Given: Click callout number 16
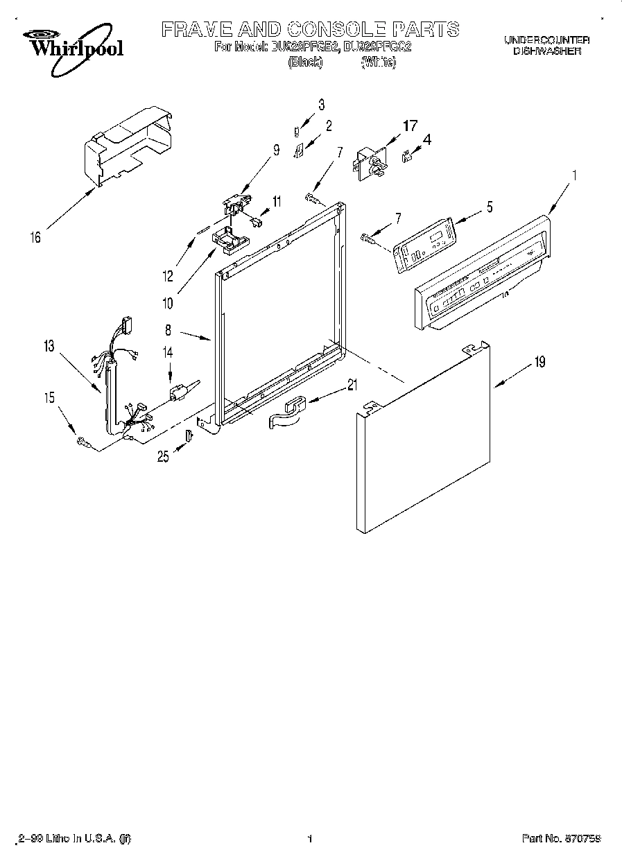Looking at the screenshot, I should click(x=35, y=238).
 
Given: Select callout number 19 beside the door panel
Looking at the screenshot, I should click(x=539, y=361).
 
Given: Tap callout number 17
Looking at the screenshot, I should click(x=411, y=126).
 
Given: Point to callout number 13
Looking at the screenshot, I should click(x=47, y=346).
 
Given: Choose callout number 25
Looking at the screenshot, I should click(x=163, y=456).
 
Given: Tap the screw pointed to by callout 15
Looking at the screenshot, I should click(x=83, y=441).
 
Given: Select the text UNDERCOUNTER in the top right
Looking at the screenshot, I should click(x=546, y=40).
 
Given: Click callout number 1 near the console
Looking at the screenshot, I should click(x=573, y=176).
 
